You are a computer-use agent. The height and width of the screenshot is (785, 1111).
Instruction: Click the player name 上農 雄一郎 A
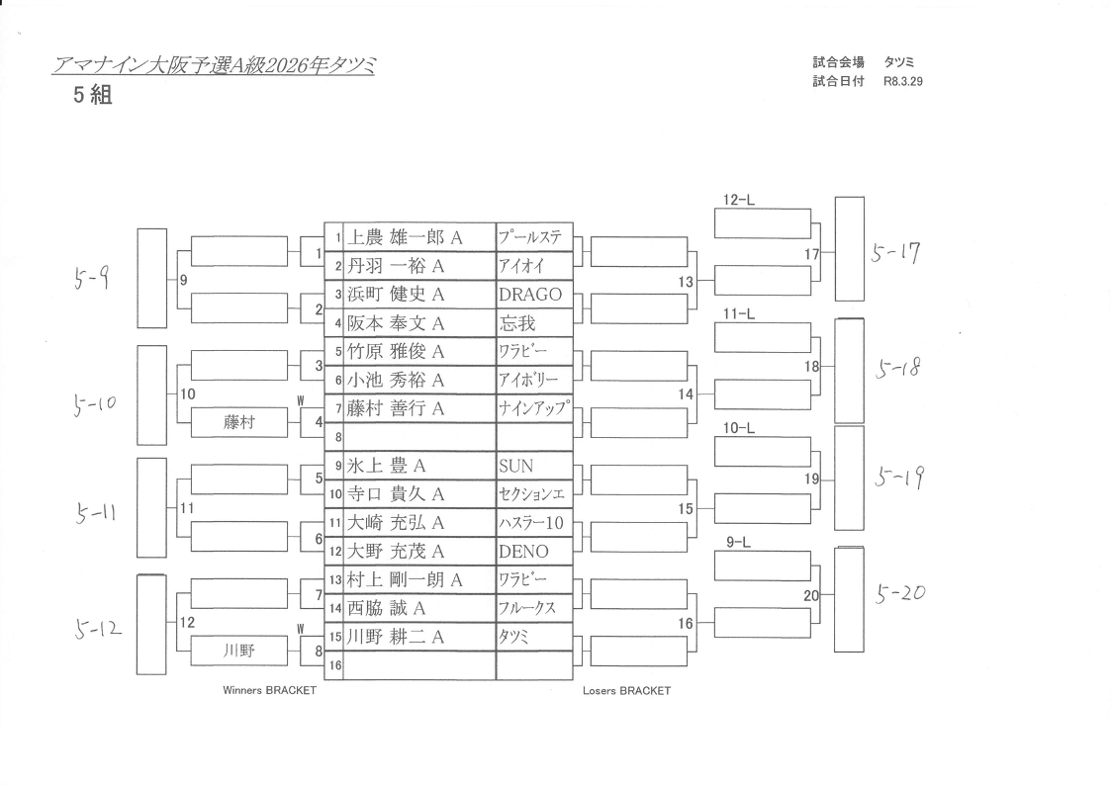click(407, 237)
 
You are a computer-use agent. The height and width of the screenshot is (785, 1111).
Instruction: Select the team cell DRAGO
click(530, 295)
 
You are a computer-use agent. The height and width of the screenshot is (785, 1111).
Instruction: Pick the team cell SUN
click(516, 466)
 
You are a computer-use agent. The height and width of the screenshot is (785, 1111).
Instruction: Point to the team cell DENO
click(524, 551)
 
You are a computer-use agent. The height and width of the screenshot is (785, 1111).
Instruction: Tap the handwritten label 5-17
click(895, 253)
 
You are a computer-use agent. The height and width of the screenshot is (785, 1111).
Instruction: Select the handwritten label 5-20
click(900, 594)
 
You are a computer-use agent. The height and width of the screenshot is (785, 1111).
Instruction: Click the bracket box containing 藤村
click(239, 422)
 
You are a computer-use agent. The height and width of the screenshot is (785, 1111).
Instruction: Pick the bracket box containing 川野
click(239, 651)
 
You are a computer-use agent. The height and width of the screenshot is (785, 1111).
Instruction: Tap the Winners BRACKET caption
click(270, 691)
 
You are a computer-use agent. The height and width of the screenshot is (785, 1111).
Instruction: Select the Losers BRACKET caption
click(626, 691)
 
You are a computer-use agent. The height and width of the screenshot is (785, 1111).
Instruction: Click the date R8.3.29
click(902, 81)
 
